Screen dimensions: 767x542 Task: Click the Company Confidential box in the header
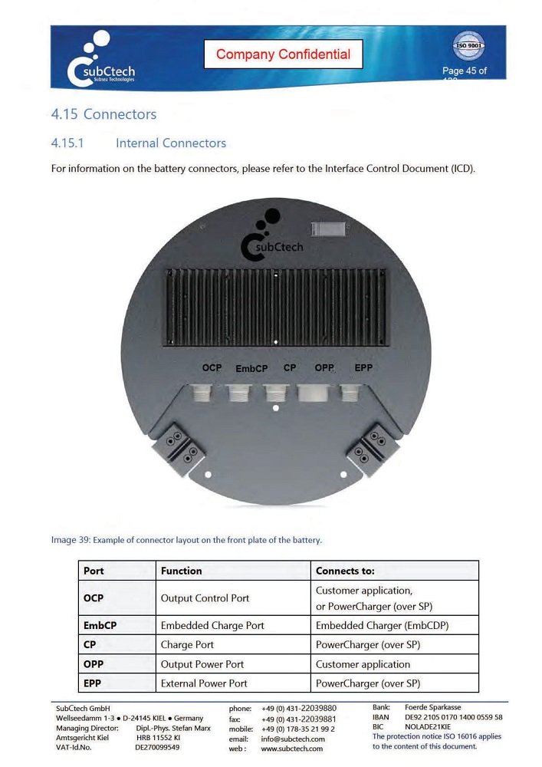pos(283,54)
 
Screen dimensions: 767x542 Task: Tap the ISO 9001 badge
pos(468,46)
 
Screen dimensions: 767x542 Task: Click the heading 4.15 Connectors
pos(103,114)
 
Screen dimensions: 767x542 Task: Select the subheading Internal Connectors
pos(171,143)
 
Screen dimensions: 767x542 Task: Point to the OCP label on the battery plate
pos(212,368)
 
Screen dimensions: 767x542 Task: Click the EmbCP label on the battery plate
pos(251,369)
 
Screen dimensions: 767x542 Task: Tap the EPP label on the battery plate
pos(363,368)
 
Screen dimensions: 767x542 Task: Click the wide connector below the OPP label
pos(314,393)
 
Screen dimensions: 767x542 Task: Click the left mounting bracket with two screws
pos(177,446)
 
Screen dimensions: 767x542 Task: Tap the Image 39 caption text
pos(186,540)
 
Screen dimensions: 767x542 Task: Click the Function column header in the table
pos(182,571)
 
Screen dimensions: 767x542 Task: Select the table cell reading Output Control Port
pos(205,598)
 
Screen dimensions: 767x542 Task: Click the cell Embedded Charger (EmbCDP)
pos(382,626)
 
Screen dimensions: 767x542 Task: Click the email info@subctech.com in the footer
pos(293,739)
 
